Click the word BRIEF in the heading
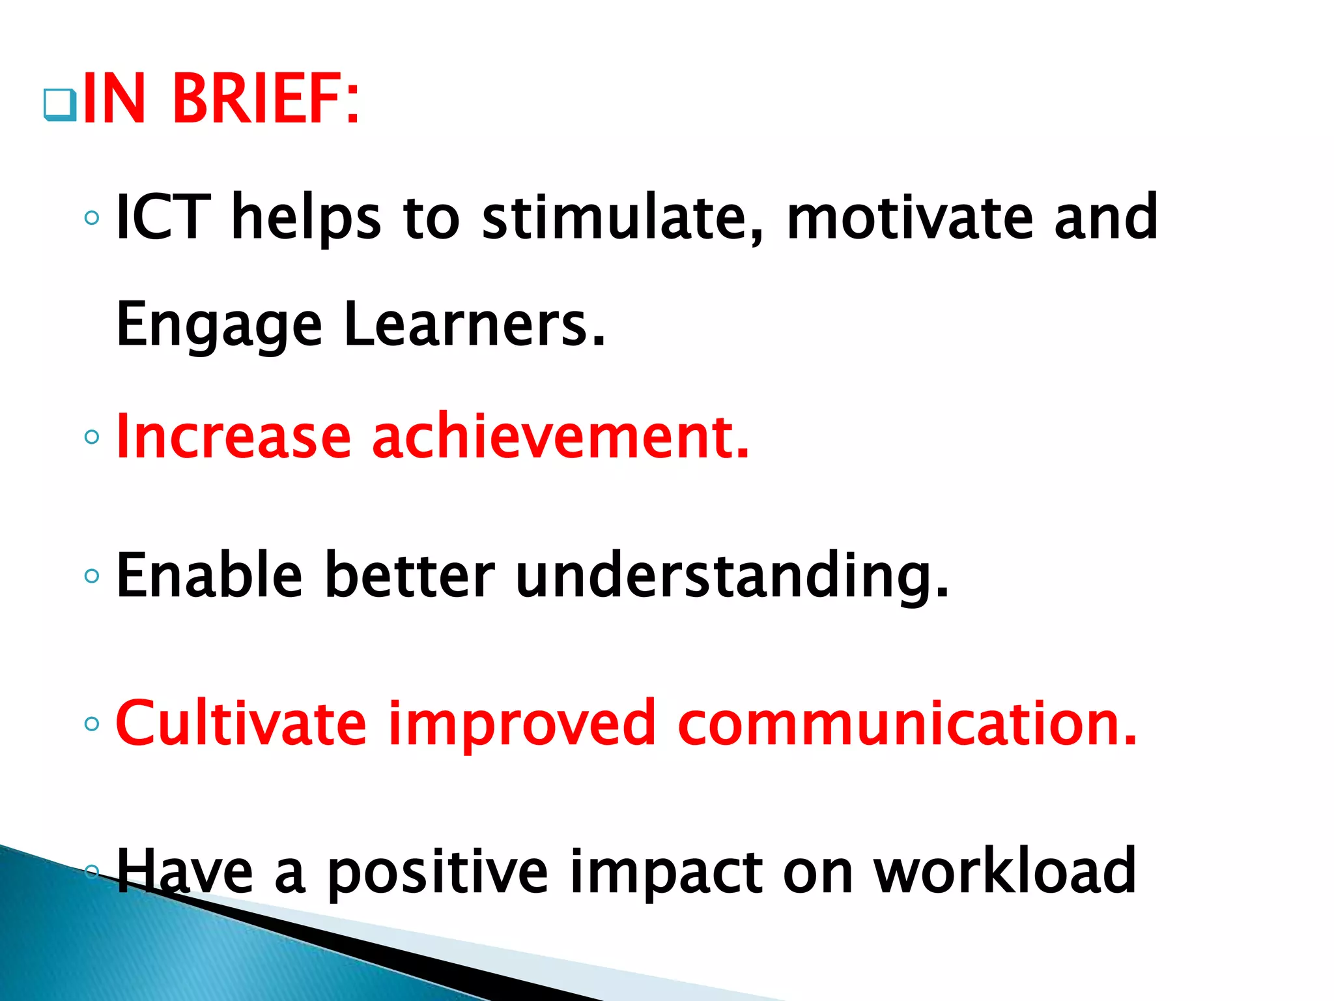(x=265, y=100)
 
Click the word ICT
(x=163, y=217)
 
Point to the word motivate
(x=910, y=217)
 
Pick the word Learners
(x=474, y=325)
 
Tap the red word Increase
(x=233, y=437)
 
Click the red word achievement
(x=560, y=437)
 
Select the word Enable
(x=209, y=575)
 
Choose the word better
(x=409, y=575)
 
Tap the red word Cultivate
(x=241, y=723)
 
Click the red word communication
(x=907, y=723)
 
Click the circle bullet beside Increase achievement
(x=92, y=437)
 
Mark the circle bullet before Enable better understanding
(x=92, y=575)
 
